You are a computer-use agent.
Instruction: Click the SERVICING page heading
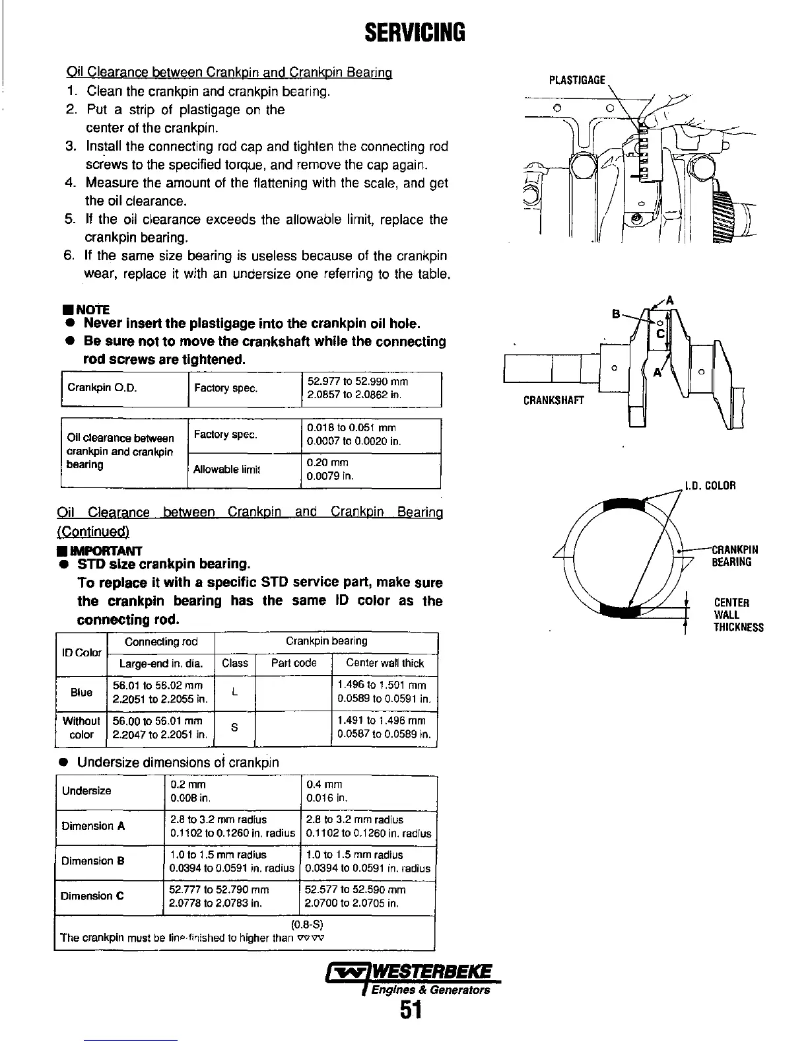point(415,31)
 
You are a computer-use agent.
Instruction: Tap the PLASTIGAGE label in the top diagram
point(577,81)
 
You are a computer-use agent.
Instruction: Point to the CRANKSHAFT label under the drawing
point(553,400)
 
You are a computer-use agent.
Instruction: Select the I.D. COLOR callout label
point(710,487)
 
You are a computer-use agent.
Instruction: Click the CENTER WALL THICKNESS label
point(738,615)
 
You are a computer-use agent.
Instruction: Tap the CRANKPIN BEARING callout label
point(735,555)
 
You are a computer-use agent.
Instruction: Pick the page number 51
point(411,1010)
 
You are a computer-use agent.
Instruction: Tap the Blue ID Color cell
point(81,693)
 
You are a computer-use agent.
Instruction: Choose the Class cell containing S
point(235,728)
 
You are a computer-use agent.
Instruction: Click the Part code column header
point(294,663)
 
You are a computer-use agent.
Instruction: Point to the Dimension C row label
point(92,896)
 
